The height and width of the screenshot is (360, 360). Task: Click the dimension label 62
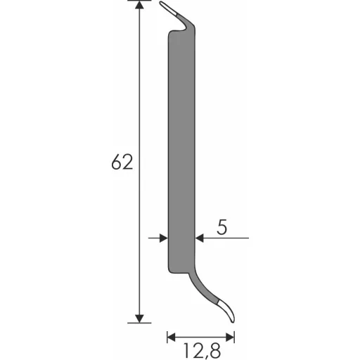[x=122, y=162]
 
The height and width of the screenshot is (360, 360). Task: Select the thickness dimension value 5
[x=222, y=227]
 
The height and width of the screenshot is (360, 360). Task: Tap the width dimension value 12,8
[x=202, y=351]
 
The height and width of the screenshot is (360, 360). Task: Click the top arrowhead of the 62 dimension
[x=139, y=5]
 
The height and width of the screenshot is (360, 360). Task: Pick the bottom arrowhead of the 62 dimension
[x=139, y=319]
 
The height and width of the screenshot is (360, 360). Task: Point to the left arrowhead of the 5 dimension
[x=163, y=238]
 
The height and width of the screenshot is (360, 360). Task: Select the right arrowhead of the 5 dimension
[x=200, y=238]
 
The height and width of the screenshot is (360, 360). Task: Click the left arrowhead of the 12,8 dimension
[x=172, y=337]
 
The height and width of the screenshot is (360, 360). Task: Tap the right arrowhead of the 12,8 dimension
[x=230, y=337]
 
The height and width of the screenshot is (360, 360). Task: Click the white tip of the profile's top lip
[x=168, y=8]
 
